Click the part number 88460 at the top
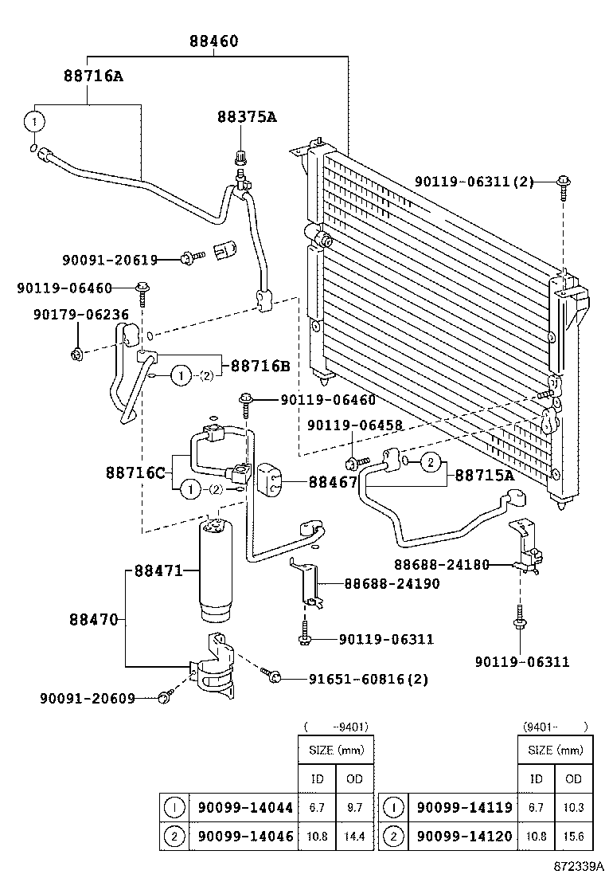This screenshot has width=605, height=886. coord(213,41)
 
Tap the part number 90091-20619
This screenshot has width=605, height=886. coord(109,259)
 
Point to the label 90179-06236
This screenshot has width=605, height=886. coord(80,315)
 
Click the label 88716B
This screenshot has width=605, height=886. coord(260,366)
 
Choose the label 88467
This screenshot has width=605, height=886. coord(333,481)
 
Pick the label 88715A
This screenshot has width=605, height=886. coord(483,475)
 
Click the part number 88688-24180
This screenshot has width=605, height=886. coord(442,565)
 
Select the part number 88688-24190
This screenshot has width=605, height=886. coord(392,584)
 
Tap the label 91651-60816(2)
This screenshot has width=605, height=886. coord(368,679)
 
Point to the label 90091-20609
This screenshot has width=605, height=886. coord(87,698)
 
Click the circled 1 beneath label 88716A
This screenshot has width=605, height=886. coord(33,121)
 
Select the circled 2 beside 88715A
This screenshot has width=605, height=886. coord(431,462)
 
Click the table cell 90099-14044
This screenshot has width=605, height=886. coord(244,807)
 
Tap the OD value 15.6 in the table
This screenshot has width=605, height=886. coord(572,836)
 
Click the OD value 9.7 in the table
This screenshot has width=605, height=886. coord(354,807)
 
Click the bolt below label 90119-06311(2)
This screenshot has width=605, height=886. coord(563,184)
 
